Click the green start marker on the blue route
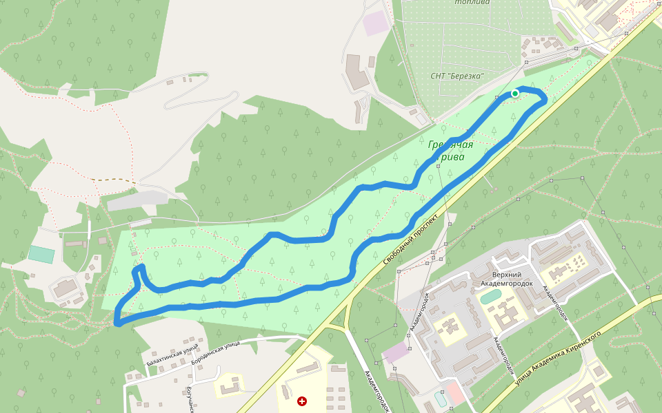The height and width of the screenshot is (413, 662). tap(515, 94)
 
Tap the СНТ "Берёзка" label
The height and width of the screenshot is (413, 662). tap(457, 76)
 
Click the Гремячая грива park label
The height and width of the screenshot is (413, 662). tap(450, 151)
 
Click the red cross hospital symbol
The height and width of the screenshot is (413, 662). tap(301, 401)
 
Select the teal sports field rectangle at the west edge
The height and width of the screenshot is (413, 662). tap(41, 254)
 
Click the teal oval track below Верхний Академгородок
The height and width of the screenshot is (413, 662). tap(490, 297)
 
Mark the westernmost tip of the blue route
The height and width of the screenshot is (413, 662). tap(117, 321)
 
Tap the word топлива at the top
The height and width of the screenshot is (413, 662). tap(472, 2)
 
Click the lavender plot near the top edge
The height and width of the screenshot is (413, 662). tap(377, 23)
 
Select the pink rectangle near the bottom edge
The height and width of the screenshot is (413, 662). tap(454, 393)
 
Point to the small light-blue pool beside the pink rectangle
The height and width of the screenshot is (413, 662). tap(441, 398)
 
